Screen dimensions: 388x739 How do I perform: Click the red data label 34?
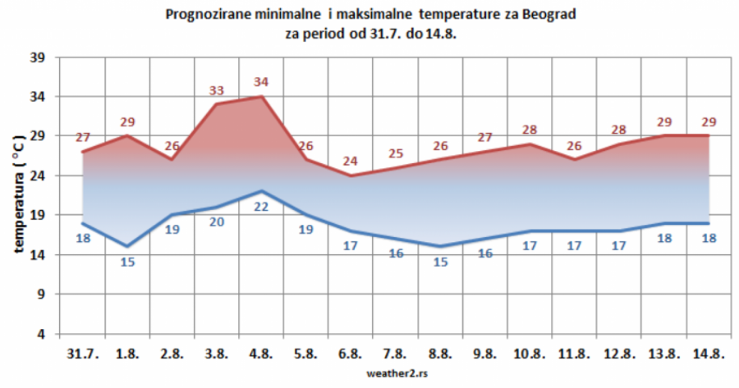coord(261,82)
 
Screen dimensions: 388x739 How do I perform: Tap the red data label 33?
coord(217,90)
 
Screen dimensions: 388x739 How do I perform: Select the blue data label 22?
coord(261,207)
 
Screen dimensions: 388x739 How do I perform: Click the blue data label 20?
coord(217,221)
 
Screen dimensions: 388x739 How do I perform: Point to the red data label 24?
coord(351,161)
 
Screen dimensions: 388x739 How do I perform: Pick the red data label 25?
coord(396,153)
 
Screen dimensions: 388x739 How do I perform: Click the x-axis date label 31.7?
coord(83,354)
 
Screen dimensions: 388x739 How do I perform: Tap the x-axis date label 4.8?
coord(261,354)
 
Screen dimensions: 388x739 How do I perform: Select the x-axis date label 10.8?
coord(530,354)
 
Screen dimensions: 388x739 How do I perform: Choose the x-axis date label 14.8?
coord(709,354)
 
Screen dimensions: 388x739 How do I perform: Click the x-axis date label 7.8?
coord(396,354)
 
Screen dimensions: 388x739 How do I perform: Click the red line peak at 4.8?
coord(261,97)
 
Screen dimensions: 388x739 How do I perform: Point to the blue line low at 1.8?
coord(127,246)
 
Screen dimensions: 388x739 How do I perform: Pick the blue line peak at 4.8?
coord(261,191)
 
